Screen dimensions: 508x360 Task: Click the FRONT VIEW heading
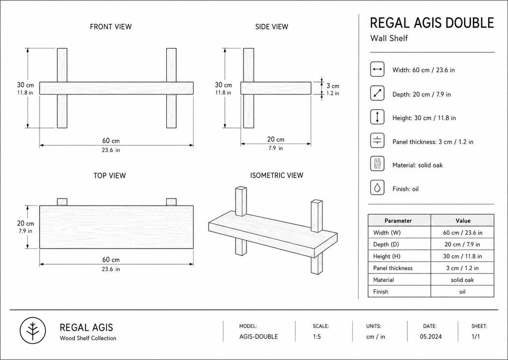coord(111,27)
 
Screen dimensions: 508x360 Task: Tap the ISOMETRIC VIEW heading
coord(277,175)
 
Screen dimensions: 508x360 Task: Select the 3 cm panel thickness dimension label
coord(333,86)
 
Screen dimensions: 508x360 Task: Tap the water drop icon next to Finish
coord(378,188)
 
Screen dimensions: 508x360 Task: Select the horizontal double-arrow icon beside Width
coord(378,69)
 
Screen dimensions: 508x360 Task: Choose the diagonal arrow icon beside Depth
coord(378,93)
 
